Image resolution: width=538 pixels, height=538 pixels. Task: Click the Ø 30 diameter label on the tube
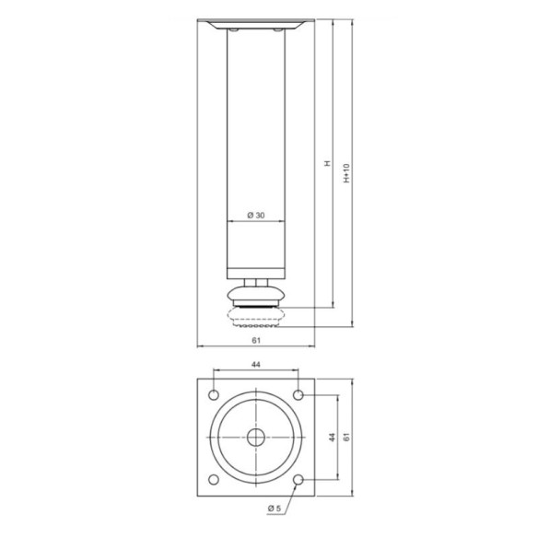[x=257, y=215]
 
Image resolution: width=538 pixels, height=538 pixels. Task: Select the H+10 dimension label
[x=345, y=172]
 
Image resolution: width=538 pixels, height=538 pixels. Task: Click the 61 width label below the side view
[x=257, y=340]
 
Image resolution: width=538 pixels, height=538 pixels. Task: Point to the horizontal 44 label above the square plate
[x=256, y=366]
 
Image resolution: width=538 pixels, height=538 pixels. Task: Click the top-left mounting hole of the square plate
[x=215, y=395]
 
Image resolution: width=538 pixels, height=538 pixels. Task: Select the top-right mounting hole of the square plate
[x=298, y=395]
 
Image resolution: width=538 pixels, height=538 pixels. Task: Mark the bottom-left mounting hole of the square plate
[x=215, y=479]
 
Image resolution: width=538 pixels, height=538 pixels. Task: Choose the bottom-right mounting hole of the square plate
[x=298, y=479]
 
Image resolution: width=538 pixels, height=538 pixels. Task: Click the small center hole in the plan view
[x=256, y=438]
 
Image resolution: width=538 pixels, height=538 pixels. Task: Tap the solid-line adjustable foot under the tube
[x=256, y=298]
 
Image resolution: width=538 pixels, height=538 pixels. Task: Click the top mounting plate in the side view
[x=257, y=21]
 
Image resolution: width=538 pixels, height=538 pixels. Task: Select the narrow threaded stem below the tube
[x=256, y=282]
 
